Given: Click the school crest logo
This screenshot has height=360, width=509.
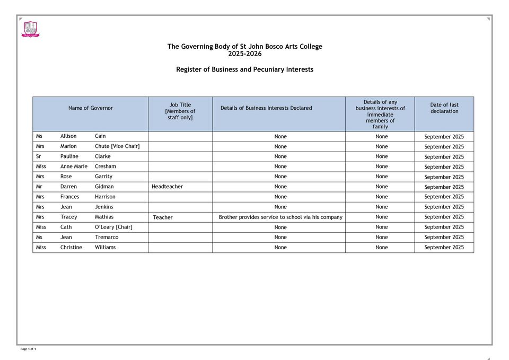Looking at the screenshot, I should pos(30,29).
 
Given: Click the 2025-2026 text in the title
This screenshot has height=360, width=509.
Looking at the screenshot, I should pos(244,54).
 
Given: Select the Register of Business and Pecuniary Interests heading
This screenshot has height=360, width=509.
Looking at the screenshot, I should pos(244,69).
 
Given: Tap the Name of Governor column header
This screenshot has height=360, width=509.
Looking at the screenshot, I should pos(90,108).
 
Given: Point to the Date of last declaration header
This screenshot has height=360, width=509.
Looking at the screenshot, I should pos(444,108).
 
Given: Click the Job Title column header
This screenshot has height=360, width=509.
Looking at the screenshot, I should pos(180,111).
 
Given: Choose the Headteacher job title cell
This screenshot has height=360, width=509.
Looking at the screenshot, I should pos(167,187).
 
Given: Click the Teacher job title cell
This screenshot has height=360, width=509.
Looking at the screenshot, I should pos(163,217).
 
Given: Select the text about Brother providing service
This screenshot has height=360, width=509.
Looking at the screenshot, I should pos(280,217).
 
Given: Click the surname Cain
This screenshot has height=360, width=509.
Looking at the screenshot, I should pos(100,136).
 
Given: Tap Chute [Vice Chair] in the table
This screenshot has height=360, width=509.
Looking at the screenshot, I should pos(117,146).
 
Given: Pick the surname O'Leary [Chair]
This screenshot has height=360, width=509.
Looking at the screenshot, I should pos(113,227).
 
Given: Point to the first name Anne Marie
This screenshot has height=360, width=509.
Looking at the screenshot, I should pos(74,166).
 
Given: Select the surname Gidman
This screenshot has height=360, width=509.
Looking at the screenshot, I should pos(104,187).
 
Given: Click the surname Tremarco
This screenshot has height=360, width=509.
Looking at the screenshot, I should pos(107,237).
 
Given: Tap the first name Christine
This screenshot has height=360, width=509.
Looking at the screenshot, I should pos(71,247).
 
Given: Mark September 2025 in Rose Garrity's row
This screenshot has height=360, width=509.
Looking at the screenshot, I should pos(444,177).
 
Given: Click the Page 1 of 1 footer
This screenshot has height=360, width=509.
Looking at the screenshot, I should pos(28,349).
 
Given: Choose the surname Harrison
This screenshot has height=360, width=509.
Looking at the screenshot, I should pos(105,197).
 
